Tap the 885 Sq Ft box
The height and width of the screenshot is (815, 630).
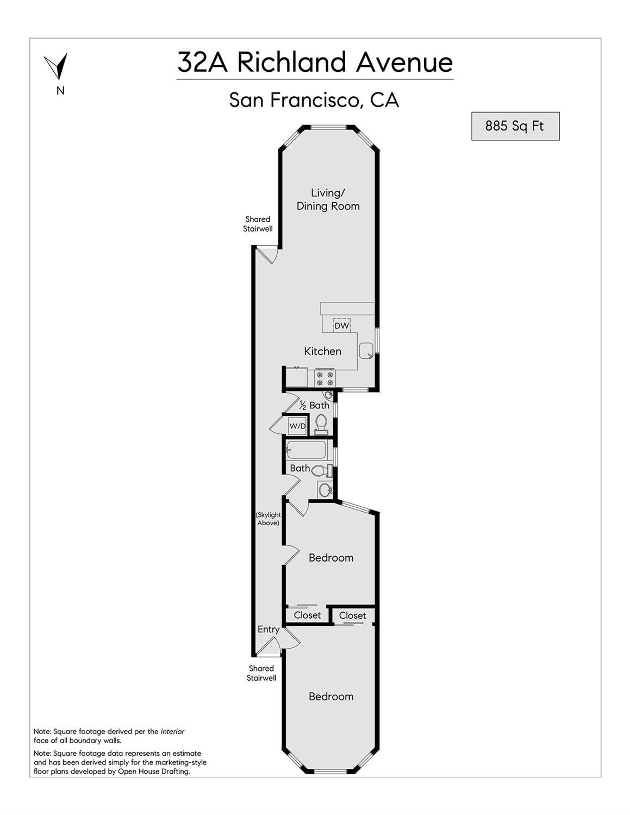click(515, 126)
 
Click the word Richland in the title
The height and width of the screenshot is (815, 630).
click(291, 63)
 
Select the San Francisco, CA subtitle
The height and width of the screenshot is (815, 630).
click(314, 100)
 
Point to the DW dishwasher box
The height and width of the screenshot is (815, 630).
click(341, 326)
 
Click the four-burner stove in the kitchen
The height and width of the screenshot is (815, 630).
click(325, 378)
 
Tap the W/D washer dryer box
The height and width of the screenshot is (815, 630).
click(297, 426)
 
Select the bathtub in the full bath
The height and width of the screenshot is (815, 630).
click(306, 450)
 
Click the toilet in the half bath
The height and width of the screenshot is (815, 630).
click(321, 424)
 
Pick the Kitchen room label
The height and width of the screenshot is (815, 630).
click(322, 351)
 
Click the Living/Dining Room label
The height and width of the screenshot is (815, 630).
click(328, 200)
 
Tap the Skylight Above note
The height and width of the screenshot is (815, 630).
click(268, 519)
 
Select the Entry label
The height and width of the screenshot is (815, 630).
click(269, 630)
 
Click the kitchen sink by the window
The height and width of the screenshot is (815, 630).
click(366, 351)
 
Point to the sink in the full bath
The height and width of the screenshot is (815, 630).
click(325, 489)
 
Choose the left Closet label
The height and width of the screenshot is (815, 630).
click(308, 615)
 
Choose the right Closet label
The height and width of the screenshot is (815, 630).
click(352, 615)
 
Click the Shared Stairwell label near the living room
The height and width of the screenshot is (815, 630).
click(258, 224)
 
